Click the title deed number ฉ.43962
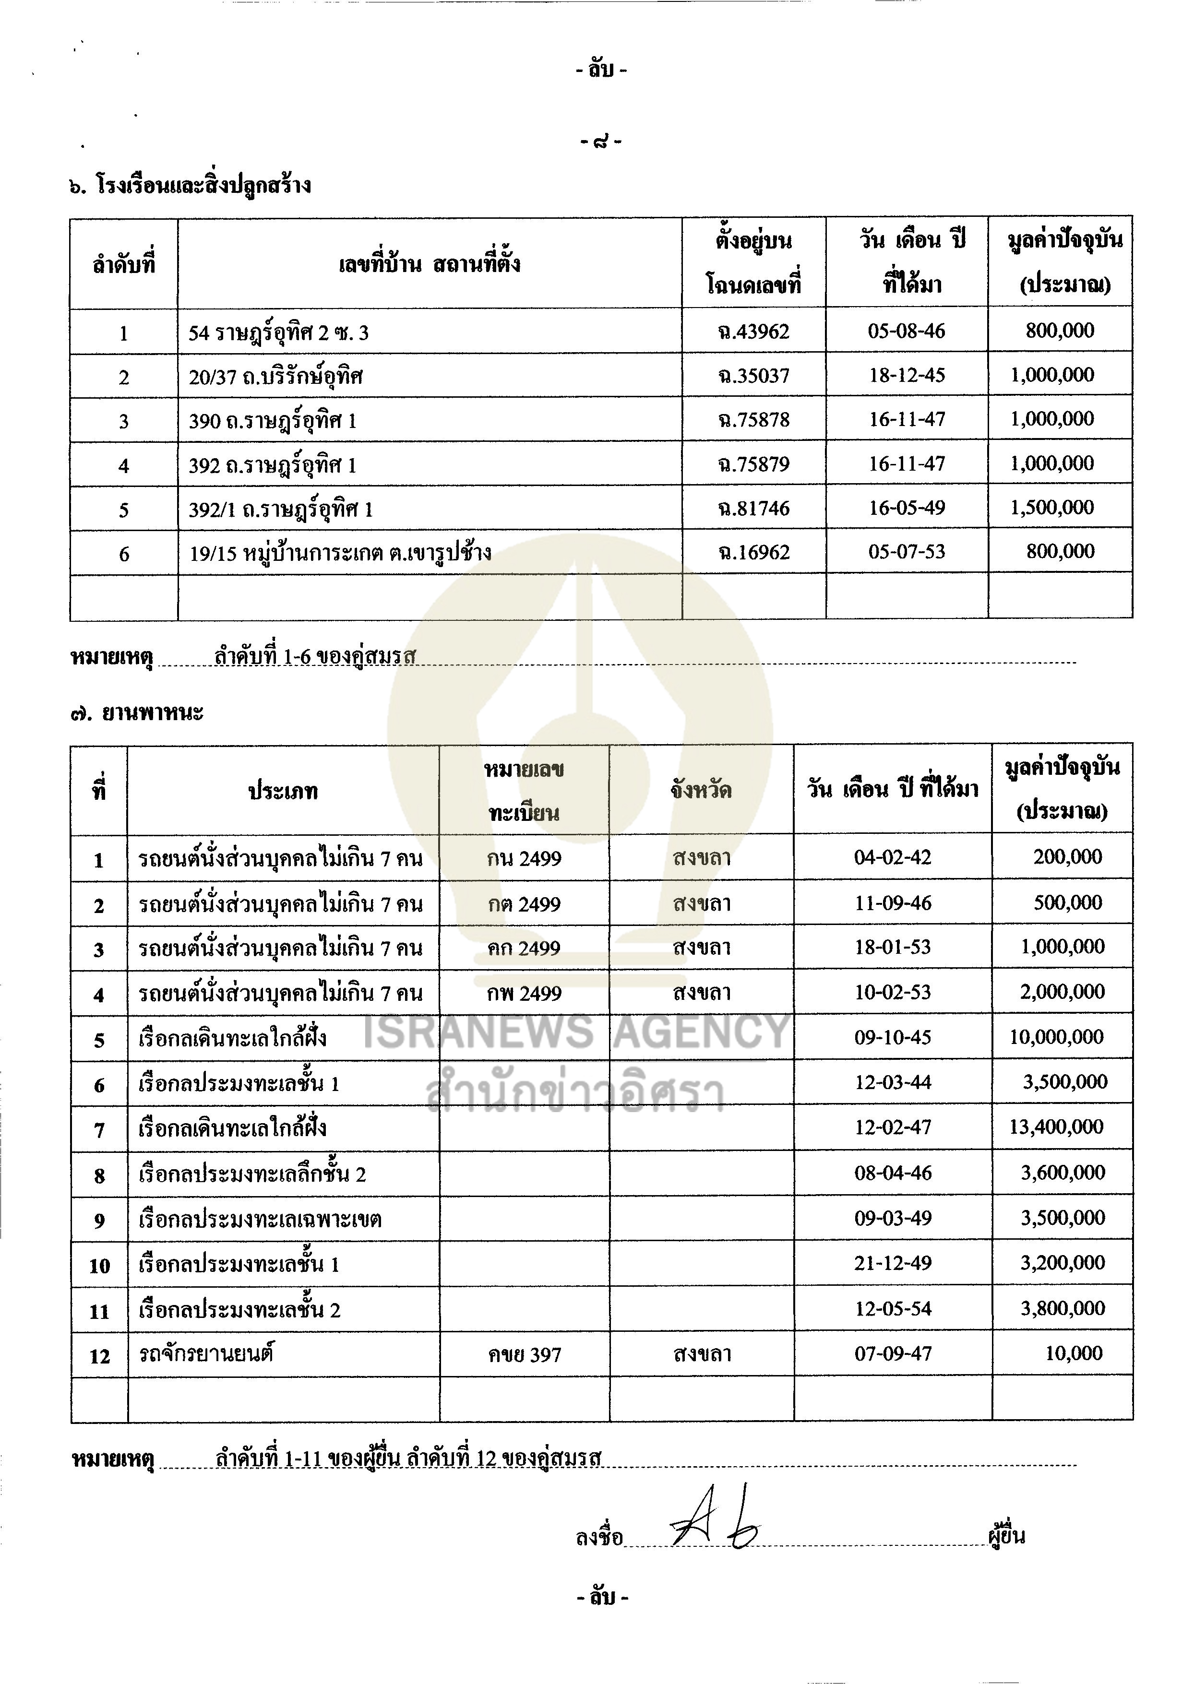[x=753, y=332]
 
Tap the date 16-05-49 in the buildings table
[x=907, y=508]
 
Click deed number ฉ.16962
[x=753, y=552]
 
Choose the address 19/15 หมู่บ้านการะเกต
[x=340, y=553]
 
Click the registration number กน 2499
[x=524, y=858]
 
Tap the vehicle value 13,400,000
[x=1056, y=1127]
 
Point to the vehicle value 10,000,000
[x=1056, y=1037]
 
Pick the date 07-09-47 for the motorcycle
[x=893, y=1353]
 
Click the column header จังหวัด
[x=701, y=791]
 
